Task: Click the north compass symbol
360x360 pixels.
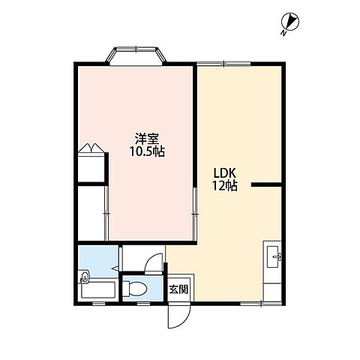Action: click(290, 22)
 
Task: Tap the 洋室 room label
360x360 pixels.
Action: click(147, 139)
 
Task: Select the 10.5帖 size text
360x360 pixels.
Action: click(147, 151)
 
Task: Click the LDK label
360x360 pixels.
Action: click(224, 172)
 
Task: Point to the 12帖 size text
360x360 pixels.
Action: click(225, 185)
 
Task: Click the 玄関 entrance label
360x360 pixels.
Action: click(178, 289)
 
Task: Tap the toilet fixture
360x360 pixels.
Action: click(135, 288)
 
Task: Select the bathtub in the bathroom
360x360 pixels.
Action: click(98, 290)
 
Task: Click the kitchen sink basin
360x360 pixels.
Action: click(272, 256)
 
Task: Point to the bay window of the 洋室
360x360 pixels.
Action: click(136, 55)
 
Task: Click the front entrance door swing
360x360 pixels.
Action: click(179, 316)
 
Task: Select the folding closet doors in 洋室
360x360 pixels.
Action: click(91, 148)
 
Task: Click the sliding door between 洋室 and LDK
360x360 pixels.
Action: click(195, 214)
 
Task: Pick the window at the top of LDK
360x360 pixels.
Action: click(223, 64)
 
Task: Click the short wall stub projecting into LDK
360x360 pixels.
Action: click(266, 184)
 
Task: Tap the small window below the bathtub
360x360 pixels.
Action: click(98, 304)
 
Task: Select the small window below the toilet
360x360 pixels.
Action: click(143, 304)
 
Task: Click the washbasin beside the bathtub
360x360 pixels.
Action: click(85, 277)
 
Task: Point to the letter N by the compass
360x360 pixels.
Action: click(283, 33)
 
